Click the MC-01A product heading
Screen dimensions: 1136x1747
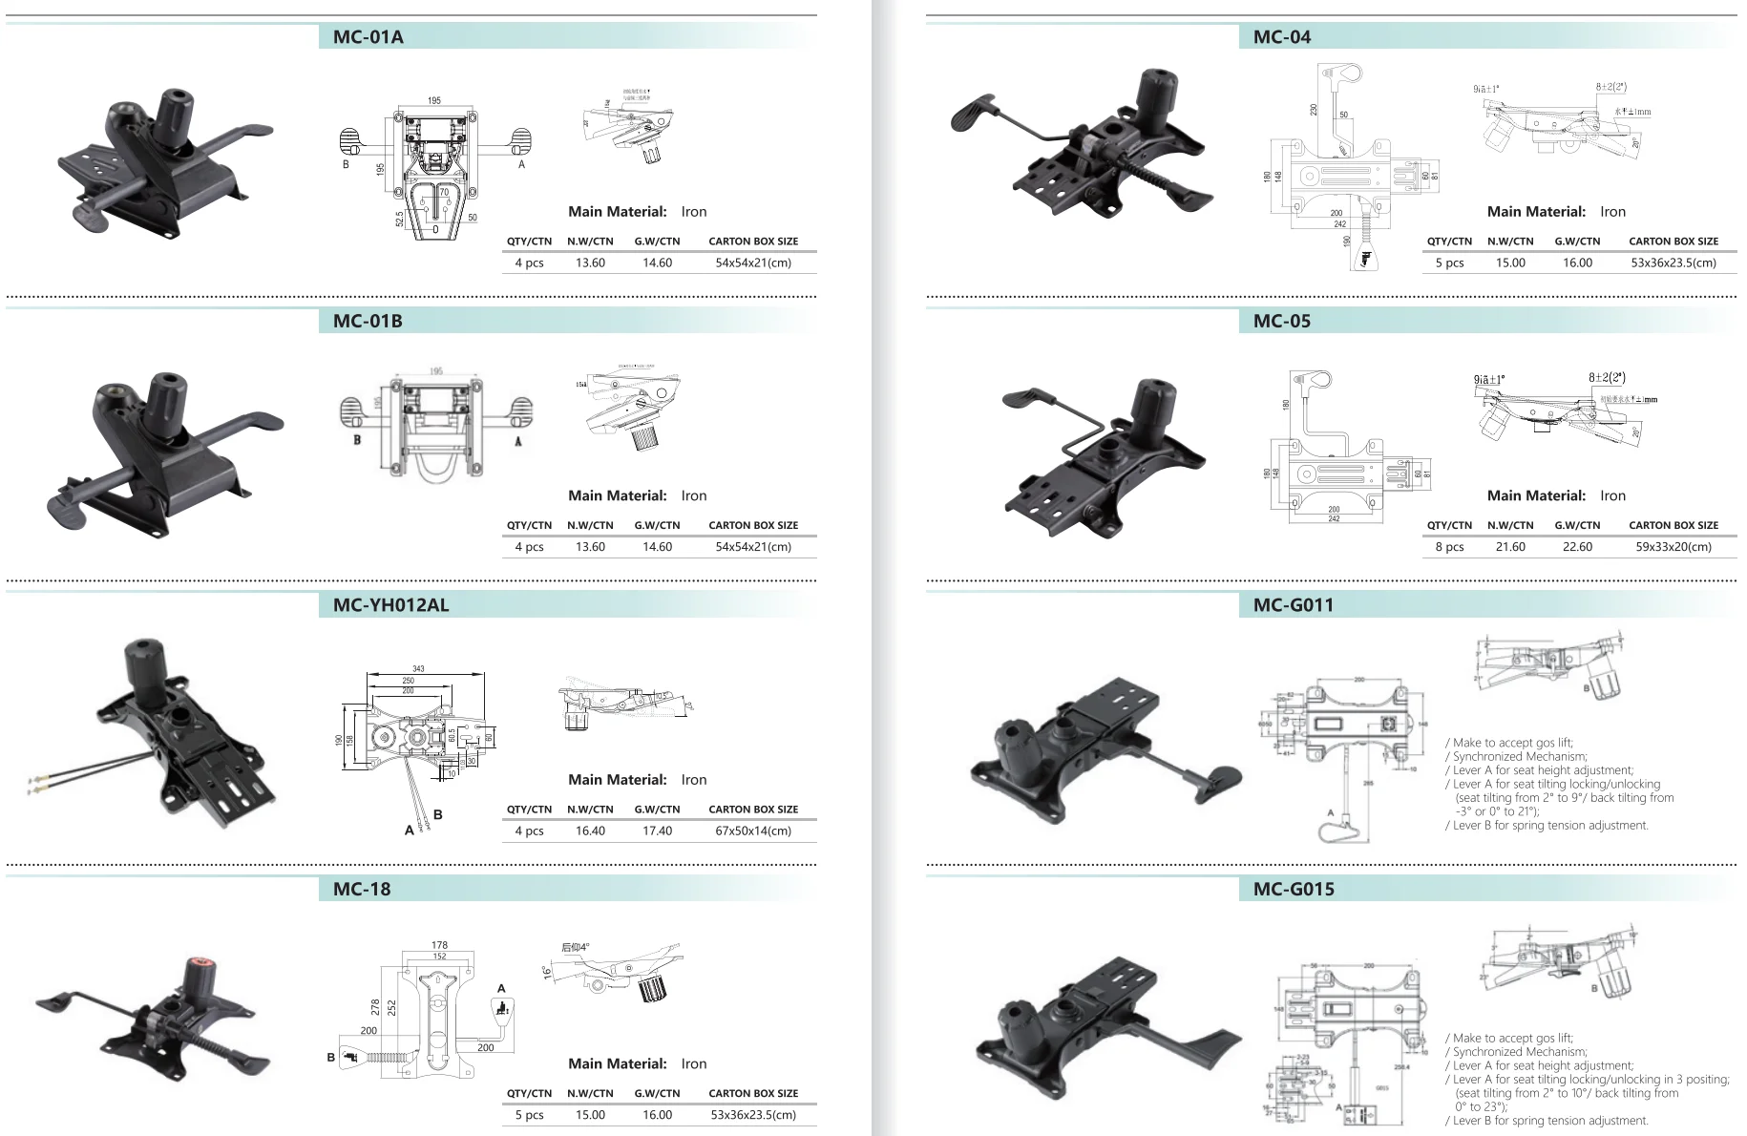[x=368, y=37]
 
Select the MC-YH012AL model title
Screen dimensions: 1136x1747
[x=390, y=605]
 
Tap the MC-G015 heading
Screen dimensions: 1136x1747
[x=1294, y=889]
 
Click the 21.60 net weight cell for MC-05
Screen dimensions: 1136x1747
[x=1510, y=547]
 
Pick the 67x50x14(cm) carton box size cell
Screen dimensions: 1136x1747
[x=752, y=831]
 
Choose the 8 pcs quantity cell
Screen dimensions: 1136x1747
[x=1449, y=547]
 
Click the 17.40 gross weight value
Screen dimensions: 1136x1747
[x=657, y=831]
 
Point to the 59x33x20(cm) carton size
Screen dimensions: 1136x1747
[x=1673, y=547]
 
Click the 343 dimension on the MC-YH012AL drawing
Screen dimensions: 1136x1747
[x=418, y=669]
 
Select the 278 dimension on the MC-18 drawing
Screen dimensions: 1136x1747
[x=376, y=1007]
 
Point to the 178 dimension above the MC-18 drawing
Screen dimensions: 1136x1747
[x=439, y=945]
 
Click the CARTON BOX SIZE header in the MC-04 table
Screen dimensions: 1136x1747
[x=1673, y=242]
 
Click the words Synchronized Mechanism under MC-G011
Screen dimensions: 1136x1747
[x=1520, y=756]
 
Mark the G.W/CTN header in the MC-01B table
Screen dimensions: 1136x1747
[x=657, y=525]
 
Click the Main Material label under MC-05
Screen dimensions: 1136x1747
[x=1536, y=495]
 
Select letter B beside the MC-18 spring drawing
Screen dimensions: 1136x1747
[x=331, y=1057]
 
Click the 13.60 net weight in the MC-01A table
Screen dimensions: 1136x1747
[x=590, y=263]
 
